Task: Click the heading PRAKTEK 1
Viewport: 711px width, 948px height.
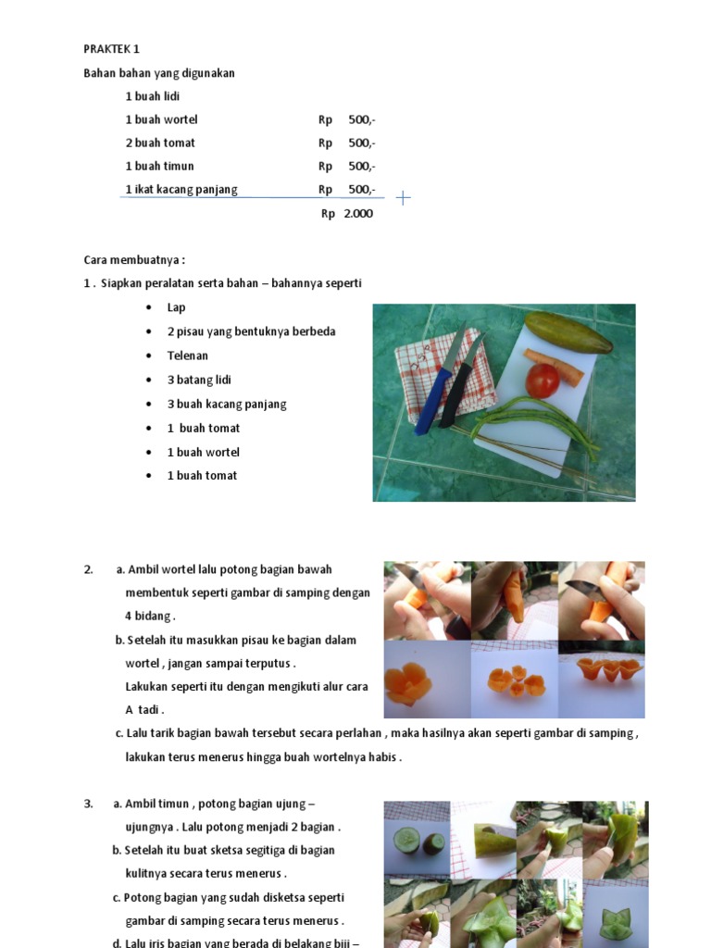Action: point(111,49)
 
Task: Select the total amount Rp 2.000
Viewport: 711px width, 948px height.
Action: point(347,213)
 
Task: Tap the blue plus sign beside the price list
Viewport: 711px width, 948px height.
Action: point(403,197)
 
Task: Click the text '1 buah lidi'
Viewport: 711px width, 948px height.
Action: point(152,96)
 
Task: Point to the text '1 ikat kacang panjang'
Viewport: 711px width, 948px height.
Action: point(181,190)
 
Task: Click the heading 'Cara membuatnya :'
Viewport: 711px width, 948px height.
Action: point(134,260)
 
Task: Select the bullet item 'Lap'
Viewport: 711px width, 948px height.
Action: point(176,307)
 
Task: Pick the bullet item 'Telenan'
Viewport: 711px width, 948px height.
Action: point(187,355)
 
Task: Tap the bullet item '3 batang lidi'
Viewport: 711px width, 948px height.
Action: point(199,380)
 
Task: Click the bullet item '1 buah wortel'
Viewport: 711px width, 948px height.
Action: point(203,452)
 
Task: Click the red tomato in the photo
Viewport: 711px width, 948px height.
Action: point(543,380)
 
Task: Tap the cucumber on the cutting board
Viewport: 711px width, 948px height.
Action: point(568,332)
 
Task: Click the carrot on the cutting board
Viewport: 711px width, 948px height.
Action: point(554,367)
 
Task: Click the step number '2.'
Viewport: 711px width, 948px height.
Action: point(88,569)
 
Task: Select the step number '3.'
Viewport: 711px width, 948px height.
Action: point(88,804)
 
